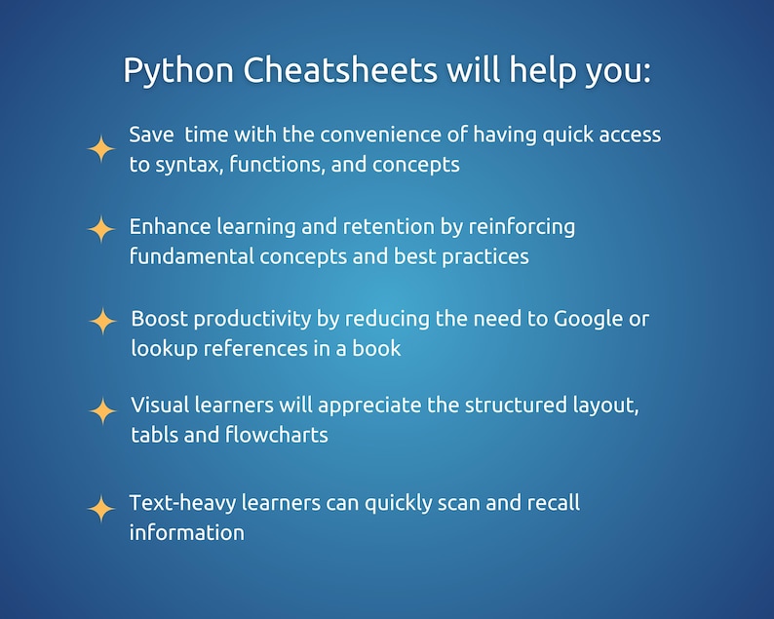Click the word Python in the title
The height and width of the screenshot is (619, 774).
(x=178, y=71)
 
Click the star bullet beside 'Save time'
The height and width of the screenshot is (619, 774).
(x=101, y=149)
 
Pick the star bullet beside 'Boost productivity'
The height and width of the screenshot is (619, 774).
(x=102, y=321)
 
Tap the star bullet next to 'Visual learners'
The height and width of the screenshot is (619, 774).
(x=102, y=410)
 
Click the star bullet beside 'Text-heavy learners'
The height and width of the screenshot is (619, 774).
(x=101, y=508)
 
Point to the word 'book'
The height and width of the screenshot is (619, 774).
(x=377, y=348)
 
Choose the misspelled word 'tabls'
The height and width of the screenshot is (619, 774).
(x=154, y=435)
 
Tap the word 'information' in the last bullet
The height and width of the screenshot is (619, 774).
(x=186, y=532)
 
